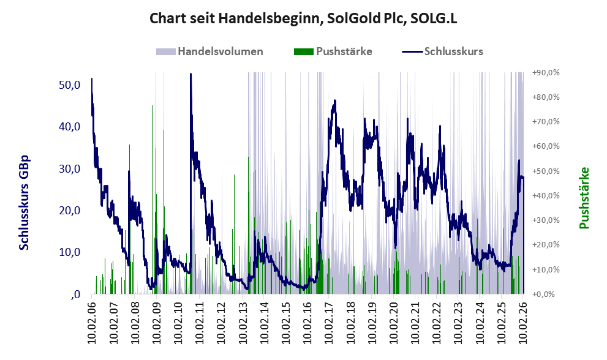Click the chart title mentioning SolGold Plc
coord(303,19)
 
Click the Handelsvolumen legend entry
coord(220,51)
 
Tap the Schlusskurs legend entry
coord(453,51)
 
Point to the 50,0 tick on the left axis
coord(69,84)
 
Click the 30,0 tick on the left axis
coord(69,168)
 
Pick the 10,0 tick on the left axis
coord(69,252)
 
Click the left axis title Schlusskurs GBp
coord(25,202)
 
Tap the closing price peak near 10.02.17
coord(334,101)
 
